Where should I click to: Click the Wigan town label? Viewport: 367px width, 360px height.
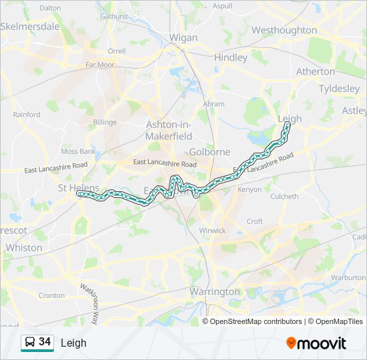[183, 38]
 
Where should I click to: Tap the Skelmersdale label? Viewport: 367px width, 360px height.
[30, 27]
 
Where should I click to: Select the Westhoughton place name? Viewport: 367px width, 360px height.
[284, 30]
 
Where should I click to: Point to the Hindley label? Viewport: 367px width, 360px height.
[231, 57]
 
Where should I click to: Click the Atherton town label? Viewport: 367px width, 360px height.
[315, 71]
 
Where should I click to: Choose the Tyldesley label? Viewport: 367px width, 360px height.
[339, 89]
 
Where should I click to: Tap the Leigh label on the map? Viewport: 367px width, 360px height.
[290, 119]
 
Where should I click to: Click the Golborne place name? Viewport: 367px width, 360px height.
[210, 152]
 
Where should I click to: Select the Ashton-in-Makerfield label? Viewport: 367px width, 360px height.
[169, 130]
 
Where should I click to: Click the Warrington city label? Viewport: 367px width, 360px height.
[214, 292]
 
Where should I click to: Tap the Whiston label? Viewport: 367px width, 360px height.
[23, 247]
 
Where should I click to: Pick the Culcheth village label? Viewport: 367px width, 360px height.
[284, 197]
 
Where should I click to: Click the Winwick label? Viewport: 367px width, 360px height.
[212, 231]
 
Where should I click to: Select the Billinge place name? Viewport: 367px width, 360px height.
[105, 122]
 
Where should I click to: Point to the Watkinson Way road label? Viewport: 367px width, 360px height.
[89, 305]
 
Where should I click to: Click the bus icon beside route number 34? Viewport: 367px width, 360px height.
[29, 343]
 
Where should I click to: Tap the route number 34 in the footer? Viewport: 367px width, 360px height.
[45, 342]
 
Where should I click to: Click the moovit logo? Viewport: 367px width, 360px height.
[316, 343]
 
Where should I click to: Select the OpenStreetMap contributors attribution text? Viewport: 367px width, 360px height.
[256, 321]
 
